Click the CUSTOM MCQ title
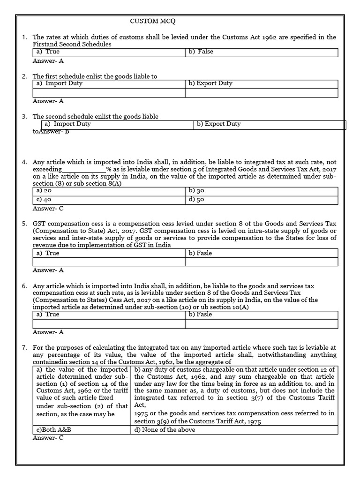(153, 21)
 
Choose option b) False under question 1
(201, 52)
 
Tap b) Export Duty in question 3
(218, 124)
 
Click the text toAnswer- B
(51, 132)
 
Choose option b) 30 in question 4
(196, 191)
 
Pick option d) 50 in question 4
(196, 200)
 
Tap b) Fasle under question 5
(200, 253)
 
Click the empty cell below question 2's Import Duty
(109, 93)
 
